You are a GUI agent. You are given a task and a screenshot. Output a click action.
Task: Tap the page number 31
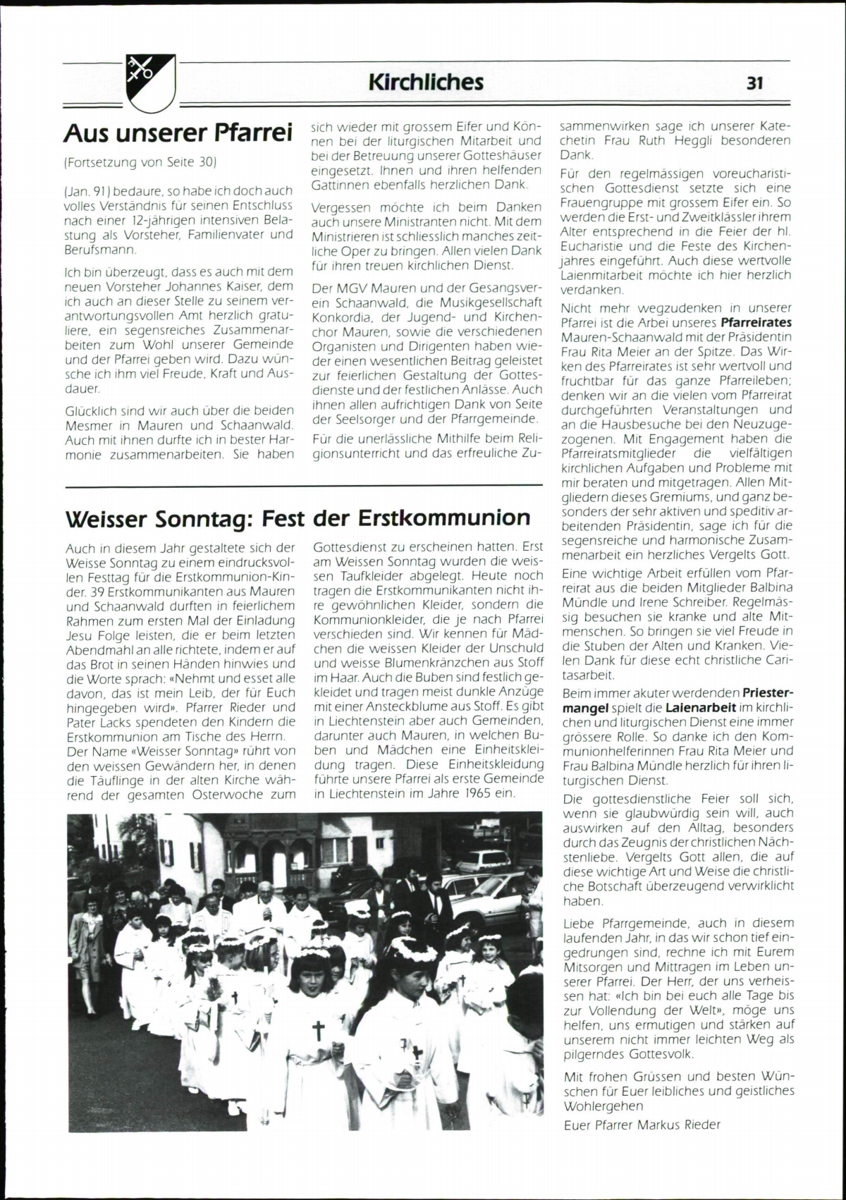point(754,83)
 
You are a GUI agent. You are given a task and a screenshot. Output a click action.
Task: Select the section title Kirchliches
point(426,82)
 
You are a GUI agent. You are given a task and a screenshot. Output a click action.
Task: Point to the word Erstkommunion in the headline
point(444,518)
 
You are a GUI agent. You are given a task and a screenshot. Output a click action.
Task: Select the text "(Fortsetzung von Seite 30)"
point(140,162)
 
